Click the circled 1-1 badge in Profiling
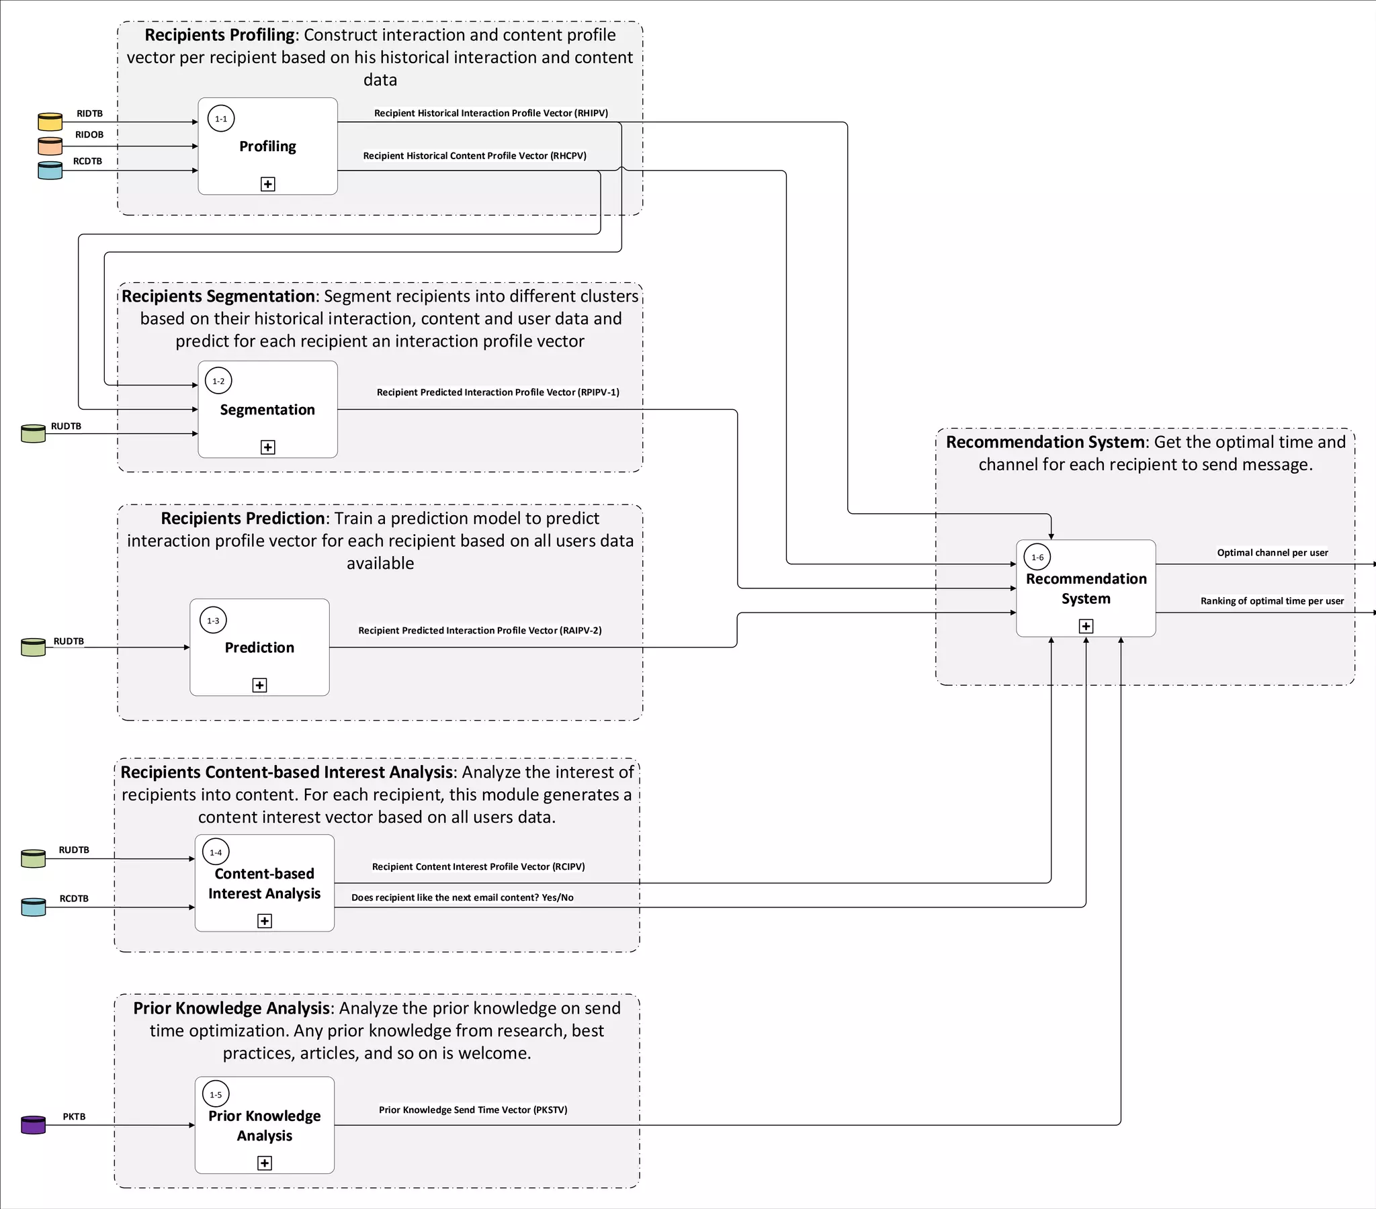[x=221, y=119]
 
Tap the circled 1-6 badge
[x=1037, y=557]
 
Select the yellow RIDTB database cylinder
[x=50, y=122]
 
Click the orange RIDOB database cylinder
[x=50, y=146]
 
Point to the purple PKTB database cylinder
[x=33, y=1125]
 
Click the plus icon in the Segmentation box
[x=268, y=447]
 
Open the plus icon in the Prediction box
[x=260, y=685]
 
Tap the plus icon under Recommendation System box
[x=1086, y=627]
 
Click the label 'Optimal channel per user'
[x=1273, y=553]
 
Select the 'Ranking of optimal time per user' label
[x=1272, y=601]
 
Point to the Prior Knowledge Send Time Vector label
[x=472, y=1110]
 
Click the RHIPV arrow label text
[x=490, y=113]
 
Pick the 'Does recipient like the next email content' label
[x=462, y=897]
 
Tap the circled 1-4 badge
[x=216, y=852]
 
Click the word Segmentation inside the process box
[x=267, y=410]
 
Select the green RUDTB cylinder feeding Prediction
[x=33, y=647]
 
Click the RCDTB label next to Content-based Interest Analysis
[x=74, y=899]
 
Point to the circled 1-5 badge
[x=216, y=1095]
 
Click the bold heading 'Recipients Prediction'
[x=243, y=519]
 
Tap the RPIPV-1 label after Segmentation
[x=497, y=392]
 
